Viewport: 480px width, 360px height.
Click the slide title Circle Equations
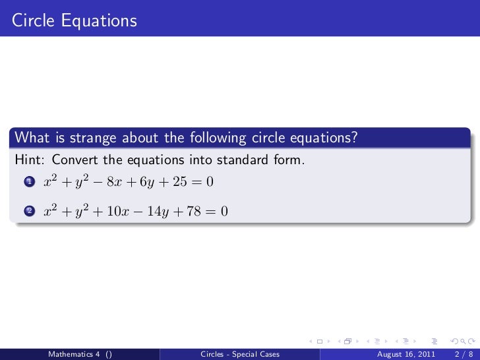coord(74,21)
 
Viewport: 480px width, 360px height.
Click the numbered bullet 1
coord(28,182)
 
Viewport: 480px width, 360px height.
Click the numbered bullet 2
coord(28,212)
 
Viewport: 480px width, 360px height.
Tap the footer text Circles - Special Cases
coord(239,354)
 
